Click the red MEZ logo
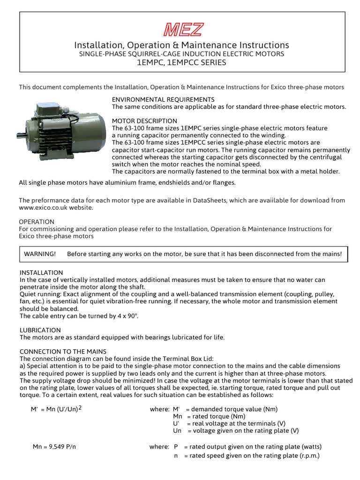point(183,30)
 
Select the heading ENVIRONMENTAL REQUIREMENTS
point(163,99)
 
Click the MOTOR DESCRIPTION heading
point(144,121)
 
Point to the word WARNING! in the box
point(40,254)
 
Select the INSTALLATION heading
point(41,272)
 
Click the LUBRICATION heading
point(40,330)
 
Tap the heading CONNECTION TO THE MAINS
point(63,351)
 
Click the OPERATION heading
point(37,221)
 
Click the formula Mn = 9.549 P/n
point(54,447)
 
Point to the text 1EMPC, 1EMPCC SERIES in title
point(181,62)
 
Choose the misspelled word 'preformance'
point(49,200)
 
